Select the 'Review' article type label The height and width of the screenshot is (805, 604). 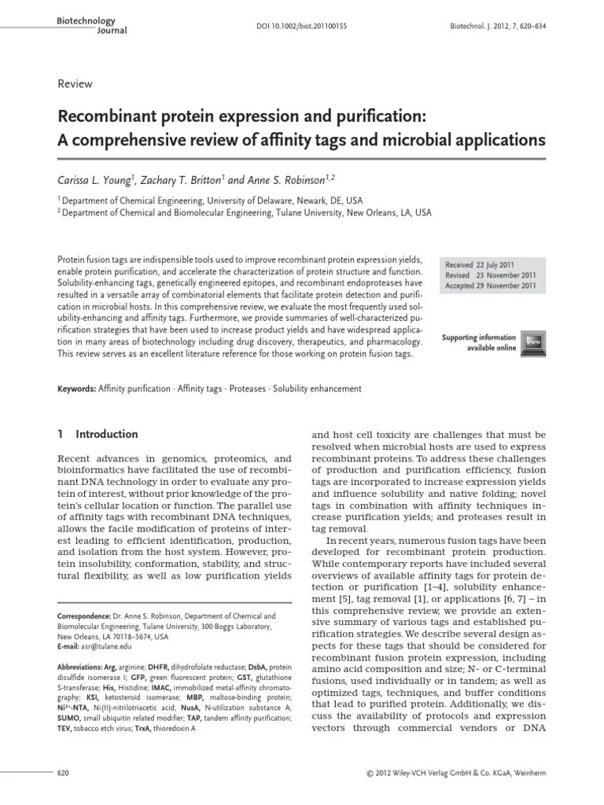[x=75, y=84]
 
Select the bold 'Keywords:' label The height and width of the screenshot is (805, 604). [x=78, y=388]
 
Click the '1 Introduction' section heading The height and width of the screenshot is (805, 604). [x=98, y=434]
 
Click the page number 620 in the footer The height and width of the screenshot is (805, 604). [x=66, y=774]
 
